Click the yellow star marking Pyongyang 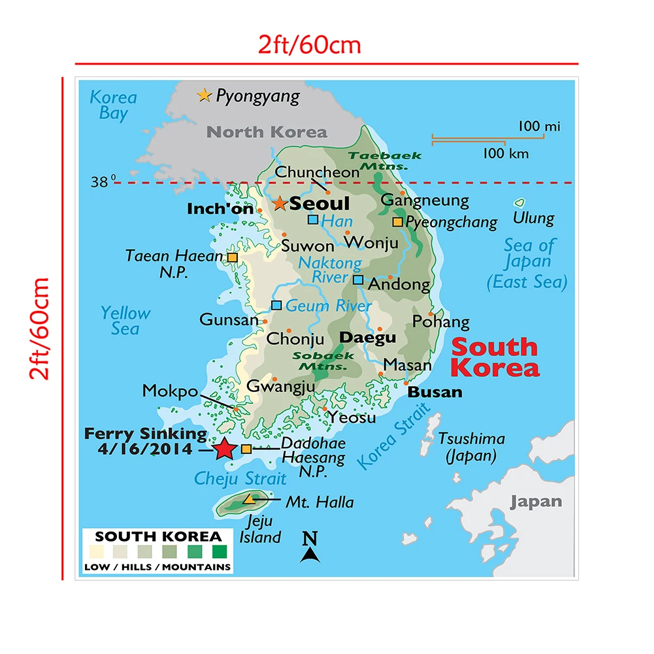[204, 96]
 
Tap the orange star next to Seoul [280, 203]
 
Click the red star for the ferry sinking [224, 449]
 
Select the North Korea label [267, 132]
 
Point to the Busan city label [434, 392]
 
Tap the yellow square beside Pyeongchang [397, 222]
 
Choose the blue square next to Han [313, 220]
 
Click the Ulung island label [533, 218]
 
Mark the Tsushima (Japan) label [472, 447]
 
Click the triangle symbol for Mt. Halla [249, 499]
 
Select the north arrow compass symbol [310, 548]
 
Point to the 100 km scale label [506, 154]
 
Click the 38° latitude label [103, 182]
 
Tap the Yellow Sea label [125, 320]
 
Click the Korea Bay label [113, 105]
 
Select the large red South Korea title [495, 357]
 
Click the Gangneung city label [425, 200]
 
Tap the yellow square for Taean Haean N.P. [233, 257]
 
